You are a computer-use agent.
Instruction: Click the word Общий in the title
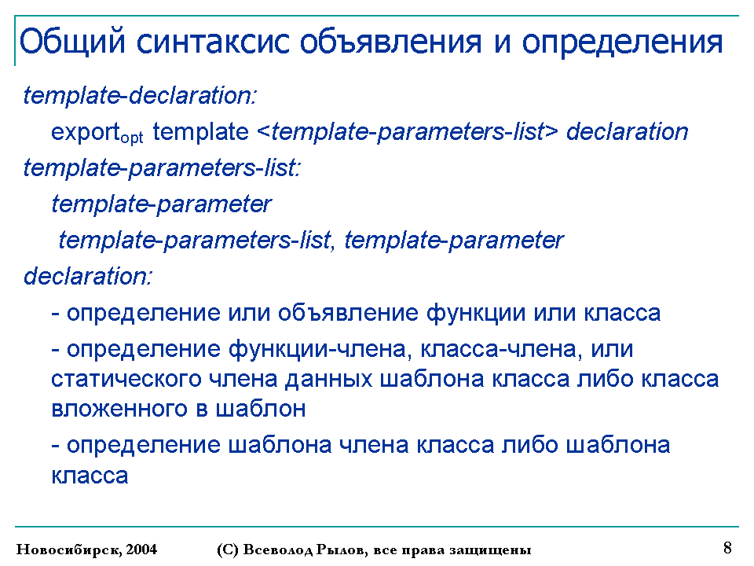[x=72, y=42]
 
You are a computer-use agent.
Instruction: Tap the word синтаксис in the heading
[x=214, y=42]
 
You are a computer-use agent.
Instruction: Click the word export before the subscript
[x=85, y=132]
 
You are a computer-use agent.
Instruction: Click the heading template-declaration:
[x=140, y=95]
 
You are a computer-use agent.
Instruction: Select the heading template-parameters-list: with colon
[x=162, y=168]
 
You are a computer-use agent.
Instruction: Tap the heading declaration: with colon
[x=88, y=276]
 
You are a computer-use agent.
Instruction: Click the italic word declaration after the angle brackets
[x=627, y=131]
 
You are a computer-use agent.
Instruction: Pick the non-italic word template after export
[x=200, y=132]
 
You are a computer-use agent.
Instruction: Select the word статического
[x=126, y=379]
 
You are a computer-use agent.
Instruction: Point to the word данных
[x=328, y=379]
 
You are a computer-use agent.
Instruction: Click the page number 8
[x=727, y=548]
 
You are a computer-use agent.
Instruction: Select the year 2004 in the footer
[x=141, y=549]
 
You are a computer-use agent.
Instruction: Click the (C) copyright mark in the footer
[x=228, y=549]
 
